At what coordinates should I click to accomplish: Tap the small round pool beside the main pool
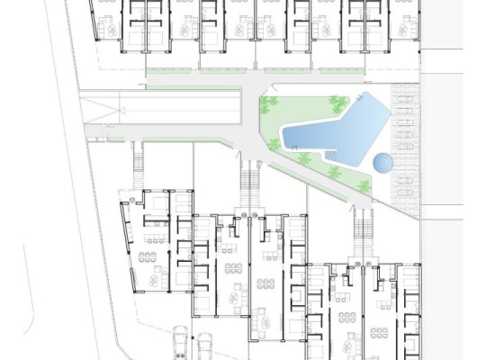point(382,163)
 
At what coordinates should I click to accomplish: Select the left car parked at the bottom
point(181,343)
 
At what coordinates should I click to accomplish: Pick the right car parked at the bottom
point(203,346)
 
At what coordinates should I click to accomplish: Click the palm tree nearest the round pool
point(364,187)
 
